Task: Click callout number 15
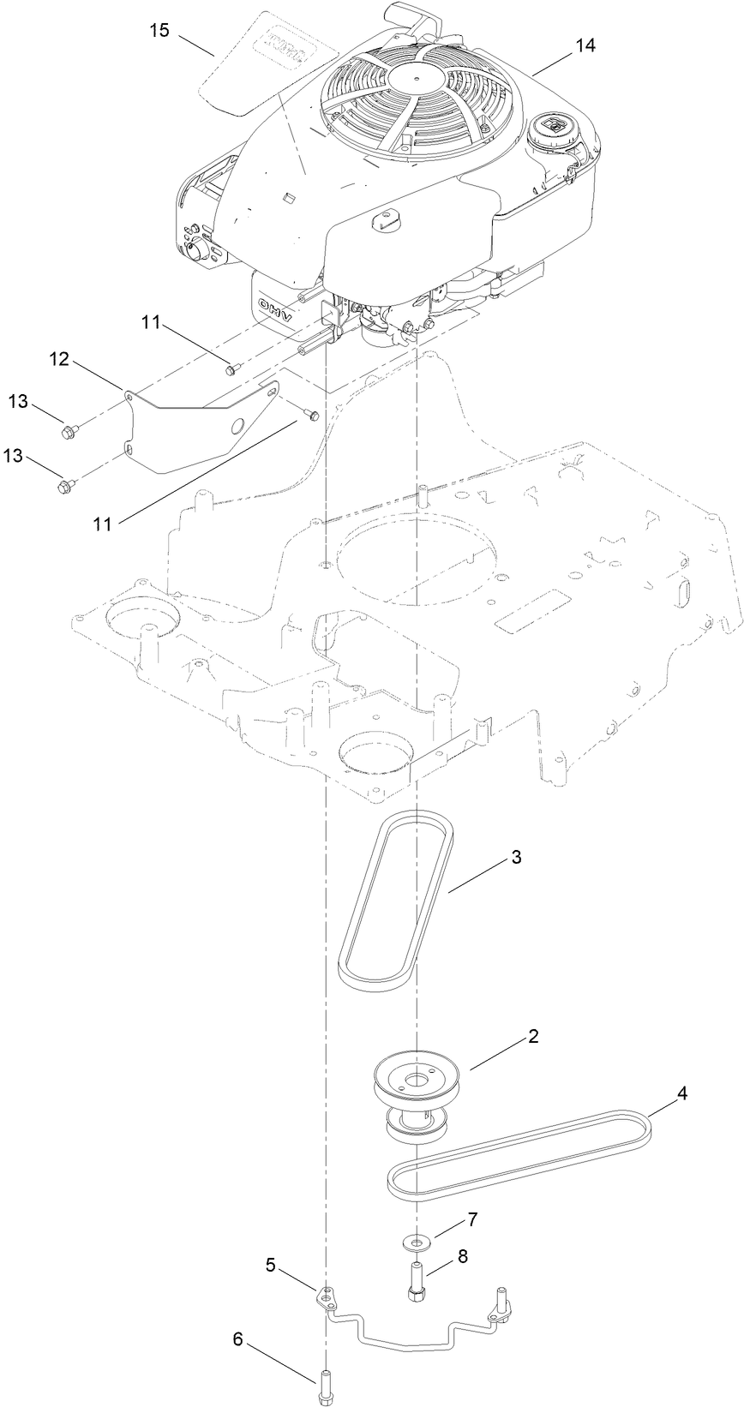coord(159,31)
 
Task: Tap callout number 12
coord(58,360)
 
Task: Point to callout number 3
coord(516,857)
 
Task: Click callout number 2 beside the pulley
coord(532,1036)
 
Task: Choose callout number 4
coord(682,1093)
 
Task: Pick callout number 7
coord(471,1218)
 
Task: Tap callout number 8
coord(463,1257)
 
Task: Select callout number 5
coord(271,1264)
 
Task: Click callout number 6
coord(238,1339)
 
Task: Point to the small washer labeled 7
coord(417,1240)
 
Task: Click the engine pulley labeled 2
coord(418,1084)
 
